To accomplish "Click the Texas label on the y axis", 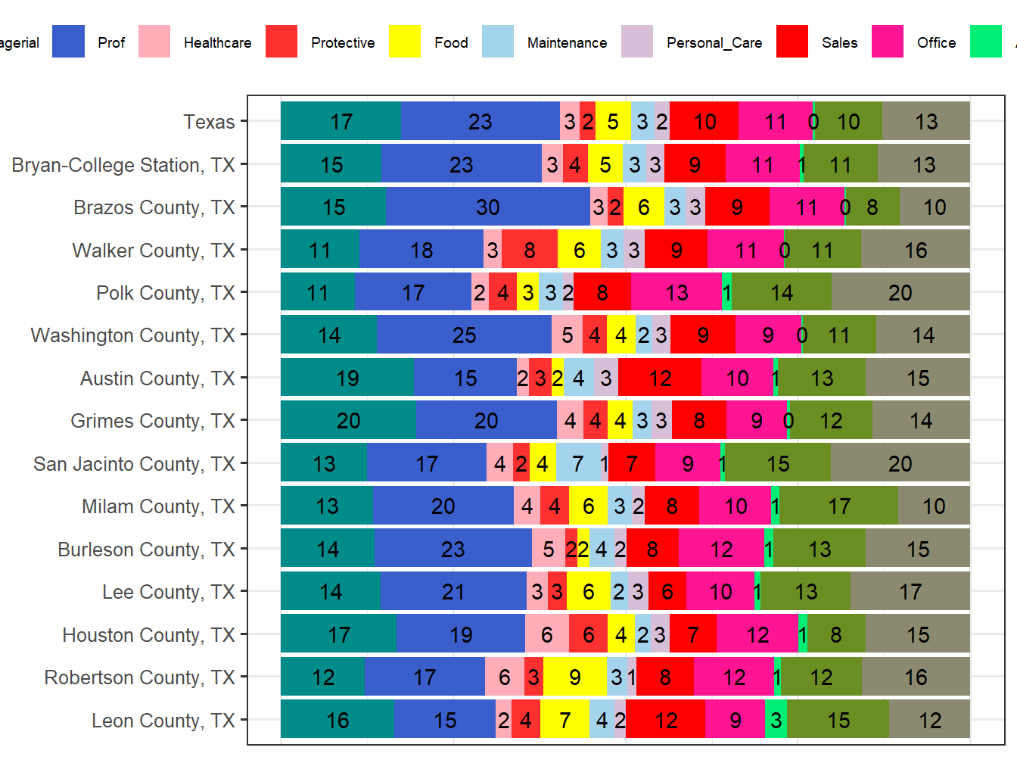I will (209, 122).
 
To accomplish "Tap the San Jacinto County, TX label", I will (134, 464).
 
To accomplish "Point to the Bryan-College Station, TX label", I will (123, 165).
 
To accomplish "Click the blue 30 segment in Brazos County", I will (487, 207).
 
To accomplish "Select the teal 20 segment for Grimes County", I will (348, 421).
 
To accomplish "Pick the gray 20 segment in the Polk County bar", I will (900, 293).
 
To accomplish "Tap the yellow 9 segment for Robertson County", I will (575, 677).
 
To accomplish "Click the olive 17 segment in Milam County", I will (838, 506).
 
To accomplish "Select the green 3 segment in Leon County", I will (776, 721).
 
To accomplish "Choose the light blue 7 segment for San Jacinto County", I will (578, 464).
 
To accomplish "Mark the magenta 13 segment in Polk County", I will (676, 293).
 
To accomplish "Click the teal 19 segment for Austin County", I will (347, 378).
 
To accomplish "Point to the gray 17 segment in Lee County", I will (910, 592).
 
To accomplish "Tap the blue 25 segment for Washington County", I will (464, 335).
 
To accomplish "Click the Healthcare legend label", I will (217, 43).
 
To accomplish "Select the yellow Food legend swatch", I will (405, 42).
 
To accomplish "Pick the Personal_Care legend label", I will (714, 43).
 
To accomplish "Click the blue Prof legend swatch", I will (68, 42).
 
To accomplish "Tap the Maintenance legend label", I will (567, 43).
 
